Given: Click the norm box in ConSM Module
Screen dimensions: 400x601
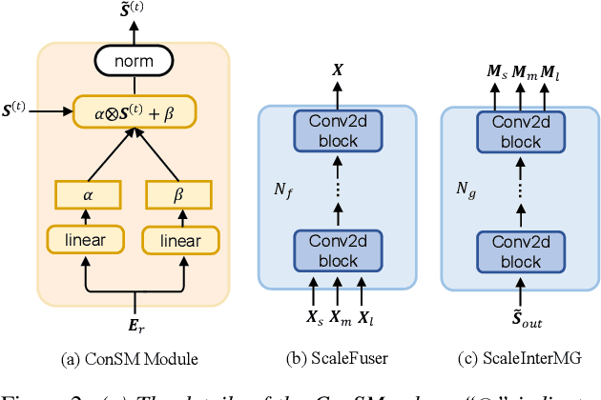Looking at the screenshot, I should (x=134, y=62).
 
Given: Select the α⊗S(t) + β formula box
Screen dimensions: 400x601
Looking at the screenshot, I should (x=135, y=111).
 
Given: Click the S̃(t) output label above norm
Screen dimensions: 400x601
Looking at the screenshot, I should (x=134, y=14).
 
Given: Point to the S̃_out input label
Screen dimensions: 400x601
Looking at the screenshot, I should (x=520, y=322).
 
